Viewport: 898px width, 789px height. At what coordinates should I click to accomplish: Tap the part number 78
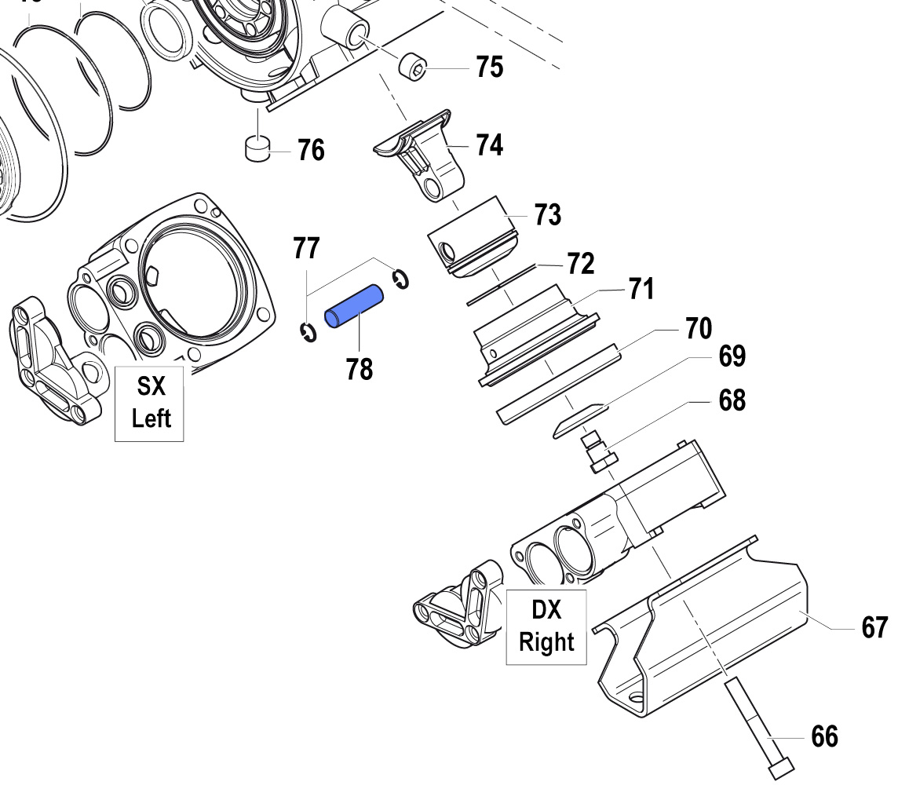(x=359, y=367)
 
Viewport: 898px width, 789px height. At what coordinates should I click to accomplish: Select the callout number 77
(x=306, y=247)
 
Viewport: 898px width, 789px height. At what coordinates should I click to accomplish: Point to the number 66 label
(x=823, y=737)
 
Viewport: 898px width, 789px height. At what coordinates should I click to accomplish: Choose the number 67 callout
(x=874, y=628)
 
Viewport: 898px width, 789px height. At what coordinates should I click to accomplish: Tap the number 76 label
(x=311, y=149)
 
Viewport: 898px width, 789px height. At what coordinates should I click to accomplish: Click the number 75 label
(x=489, y=68)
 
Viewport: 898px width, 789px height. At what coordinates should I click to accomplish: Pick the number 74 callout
(x=489, y=144)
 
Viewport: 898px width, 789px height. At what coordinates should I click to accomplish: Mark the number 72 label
(x=581, y=264)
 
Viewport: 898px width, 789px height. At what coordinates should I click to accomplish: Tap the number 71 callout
(x=641, y=290)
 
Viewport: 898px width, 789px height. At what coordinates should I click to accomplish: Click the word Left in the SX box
(x=151, y=418)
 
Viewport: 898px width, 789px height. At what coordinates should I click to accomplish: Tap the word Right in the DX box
(x=546, y=641)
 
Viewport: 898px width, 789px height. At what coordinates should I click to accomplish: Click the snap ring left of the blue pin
(x=307, y=333)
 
